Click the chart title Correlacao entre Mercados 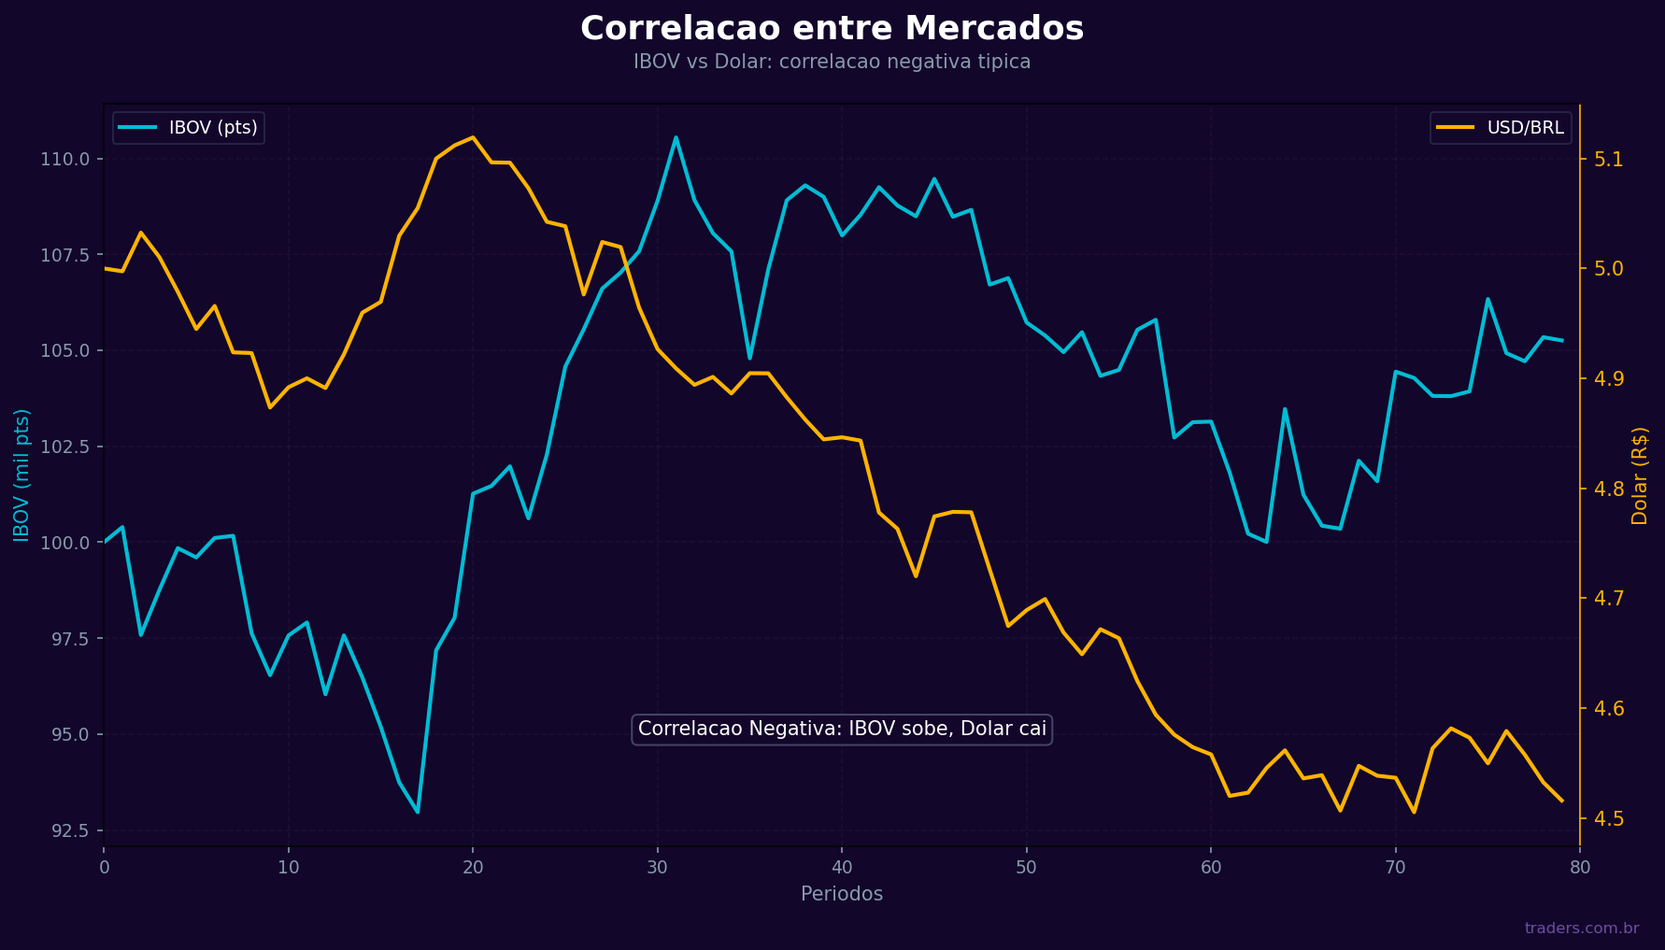click(x=832, y=28)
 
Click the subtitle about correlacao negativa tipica click(x=832, y=62)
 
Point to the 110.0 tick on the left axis click(x=64, y=160)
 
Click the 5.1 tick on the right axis click(x=1608, y=160)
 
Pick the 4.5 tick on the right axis click(x=1608, y=819)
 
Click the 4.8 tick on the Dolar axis click(x=1608, y=489)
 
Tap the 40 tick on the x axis click(x=842, y=868)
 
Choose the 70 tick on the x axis click(x=1395, y=868)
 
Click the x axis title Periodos click(x=841, y=894)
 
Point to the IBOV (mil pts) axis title click(x=21, y=475)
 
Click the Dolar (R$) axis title click(x=1640, y=475)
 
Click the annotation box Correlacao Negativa click(x=841, y=730)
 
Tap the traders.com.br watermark click(x=1581, y=929)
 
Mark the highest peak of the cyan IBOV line click(x=676, y=137)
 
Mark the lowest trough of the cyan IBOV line click(x=418, y=812)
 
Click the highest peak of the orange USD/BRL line click(x=473, y=137)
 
